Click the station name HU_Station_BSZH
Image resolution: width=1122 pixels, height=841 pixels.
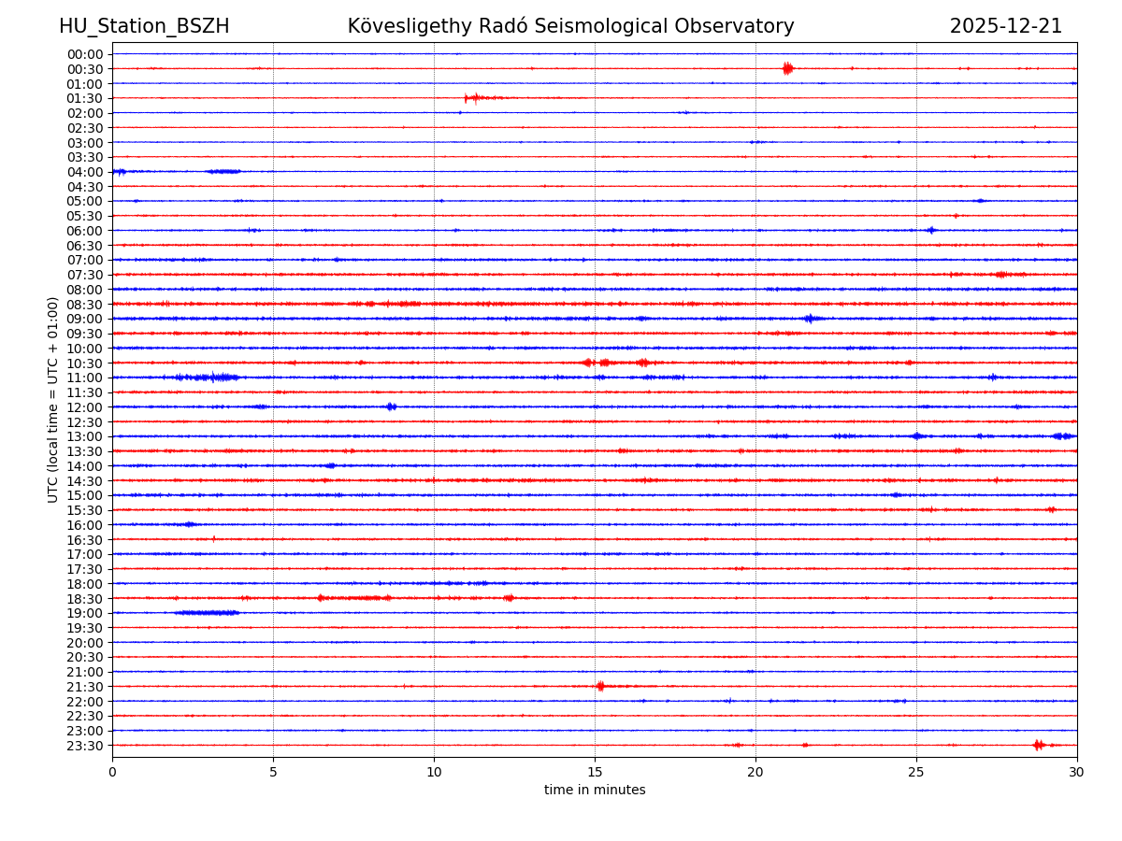point(144,26)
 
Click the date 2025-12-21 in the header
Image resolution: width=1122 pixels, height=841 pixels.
point(1005,26)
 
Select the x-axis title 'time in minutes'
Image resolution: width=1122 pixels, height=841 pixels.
point(595,791)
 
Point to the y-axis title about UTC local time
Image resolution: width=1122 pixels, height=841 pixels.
point(53,399)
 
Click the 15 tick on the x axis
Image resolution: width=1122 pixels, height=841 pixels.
point(595,772)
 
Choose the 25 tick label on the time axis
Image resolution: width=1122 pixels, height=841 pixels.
point(916,772)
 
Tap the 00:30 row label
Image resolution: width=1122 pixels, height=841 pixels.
point(84,69)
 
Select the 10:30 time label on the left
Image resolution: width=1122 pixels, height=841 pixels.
point(84,363)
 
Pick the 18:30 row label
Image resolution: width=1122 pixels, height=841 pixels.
point(84,599)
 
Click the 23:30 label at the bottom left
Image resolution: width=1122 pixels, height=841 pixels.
point(84,746)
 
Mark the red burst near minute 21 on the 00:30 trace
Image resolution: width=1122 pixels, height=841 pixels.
point(787,67)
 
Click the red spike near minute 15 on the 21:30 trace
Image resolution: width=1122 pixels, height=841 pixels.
point(600,686)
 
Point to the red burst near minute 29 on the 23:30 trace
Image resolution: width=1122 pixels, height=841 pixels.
point(1038,745)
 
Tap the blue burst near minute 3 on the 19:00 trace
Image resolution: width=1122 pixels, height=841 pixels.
point(208,613)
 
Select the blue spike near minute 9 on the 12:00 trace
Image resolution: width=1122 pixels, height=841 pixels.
point(391,406)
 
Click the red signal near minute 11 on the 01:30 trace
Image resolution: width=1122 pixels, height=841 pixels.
point(474,97)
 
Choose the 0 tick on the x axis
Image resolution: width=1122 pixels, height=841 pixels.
point(112,772)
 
